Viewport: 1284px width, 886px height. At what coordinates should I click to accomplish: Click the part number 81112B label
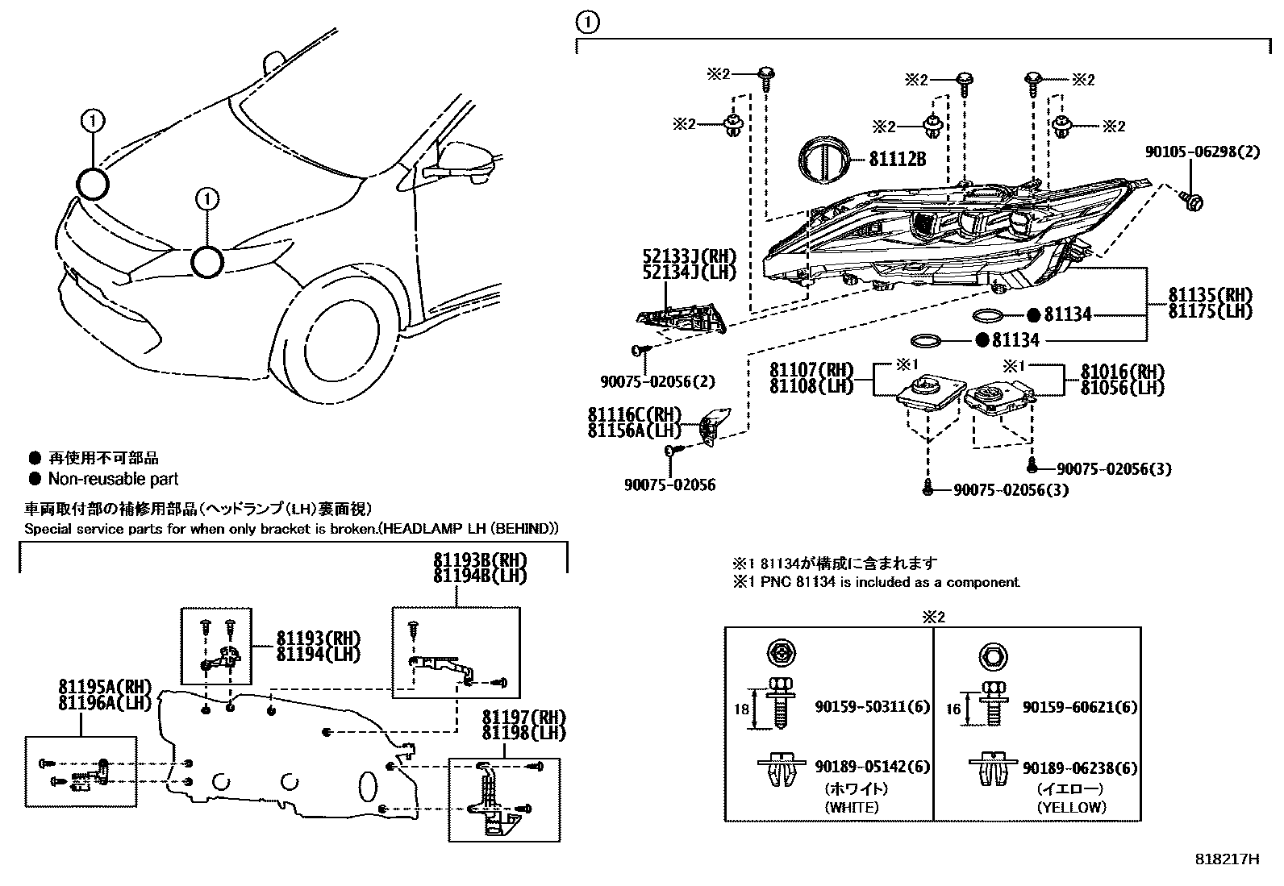click(897, 160)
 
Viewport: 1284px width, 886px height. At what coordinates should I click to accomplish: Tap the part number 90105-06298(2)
click(1202, 152)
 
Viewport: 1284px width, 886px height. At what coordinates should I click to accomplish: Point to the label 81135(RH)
click(1210, 294)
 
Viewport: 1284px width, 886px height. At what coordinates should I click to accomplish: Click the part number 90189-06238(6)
click(1079, 768)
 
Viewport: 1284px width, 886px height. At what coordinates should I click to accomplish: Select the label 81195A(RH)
click(105, 687)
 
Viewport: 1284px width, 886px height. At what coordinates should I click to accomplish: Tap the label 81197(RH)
click(524, 717)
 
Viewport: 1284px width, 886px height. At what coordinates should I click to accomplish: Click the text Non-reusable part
click(113, 479)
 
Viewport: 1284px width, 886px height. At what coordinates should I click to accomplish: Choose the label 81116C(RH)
click(635, 414)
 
